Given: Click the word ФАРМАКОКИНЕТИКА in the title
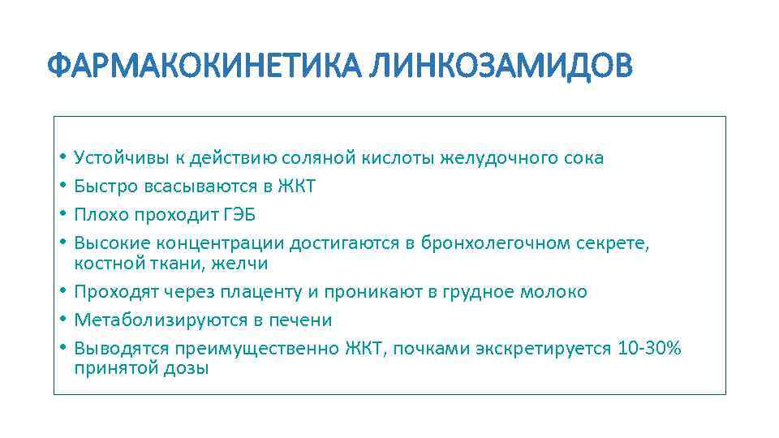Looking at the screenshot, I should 203,66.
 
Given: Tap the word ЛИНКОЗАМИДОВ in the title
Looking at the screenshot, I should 499,66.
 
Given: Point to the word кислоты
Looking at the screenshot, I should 403,158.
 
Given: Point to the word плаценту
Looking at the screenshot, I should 279,292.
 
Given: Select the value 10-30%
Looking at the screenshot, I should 649,349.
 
